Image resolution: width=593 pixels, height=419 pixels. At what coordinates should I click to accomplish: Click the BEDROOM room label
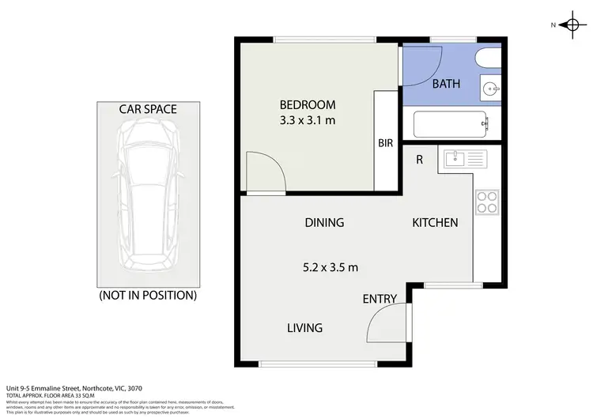point(308,104)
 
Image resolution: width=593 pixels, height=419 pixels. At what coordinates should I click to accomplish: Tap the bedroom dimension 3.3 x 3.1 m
point(308,122)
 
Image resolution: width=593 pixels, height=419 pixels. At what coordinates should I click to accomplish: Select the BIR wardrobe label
point(385,143)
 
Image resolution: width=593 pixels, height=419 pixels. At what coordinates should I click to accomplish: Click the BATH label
point(446,84)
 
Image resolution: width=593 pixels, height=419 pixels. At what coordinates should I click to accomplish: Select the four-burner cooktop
point(486,202)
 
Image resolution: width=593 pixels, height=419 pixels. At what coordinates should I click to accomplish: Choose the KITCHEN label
point(435,223)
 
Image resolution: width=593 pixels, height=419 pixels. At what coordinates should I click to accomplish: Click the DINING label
point(324,223)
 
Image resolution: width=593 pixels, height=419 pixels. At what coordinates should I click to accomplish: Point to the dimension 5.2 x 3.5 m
point(331,267)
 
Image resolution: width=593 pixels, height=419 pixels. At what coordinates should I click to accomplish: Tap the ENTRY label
point(380,299)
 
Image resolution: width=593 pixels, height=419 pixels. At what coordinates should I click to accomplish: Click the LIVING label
point(304,327)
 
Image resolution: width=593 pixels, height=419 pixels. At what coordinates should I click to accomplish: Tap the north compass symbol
point(570,25)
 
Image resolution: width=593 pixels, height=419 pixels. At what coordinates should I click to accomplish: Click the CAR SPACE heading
point(147,109)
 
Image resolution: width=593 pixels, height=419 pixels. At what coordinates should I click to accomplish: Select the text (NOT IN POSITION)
point(147,296)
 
